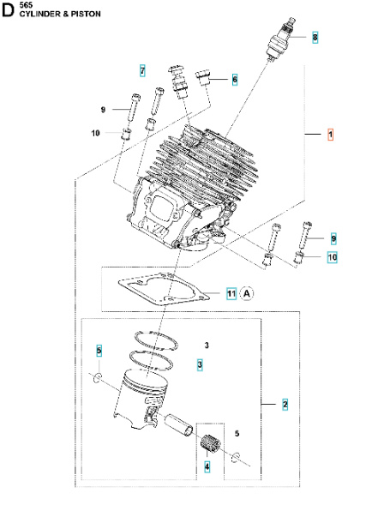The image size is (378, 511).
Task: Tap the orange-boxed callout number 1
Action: (x=331, y=135)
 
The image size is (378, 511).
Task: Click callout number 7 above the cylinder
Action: (x=142, y=69)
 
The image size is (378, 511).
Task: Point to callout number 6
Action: (x=234, y=79)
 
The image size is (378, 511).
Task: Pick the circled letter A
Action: (x=247, y=293)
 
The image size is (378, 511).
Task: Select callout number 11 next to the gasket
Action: (x=231, y=293)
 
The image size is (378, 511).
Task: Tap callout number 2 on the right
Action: (x=285, y=403)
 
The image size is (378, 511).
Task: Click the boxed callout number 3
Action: (x=200, y=364)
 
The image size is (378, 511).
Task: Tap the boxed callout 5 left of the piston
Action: (x=99, y=351)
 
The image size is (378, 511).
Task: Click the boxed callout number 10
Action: (x=333, y=256)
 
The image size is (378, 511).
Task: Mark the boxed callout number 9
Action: (x=333, y=237)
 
